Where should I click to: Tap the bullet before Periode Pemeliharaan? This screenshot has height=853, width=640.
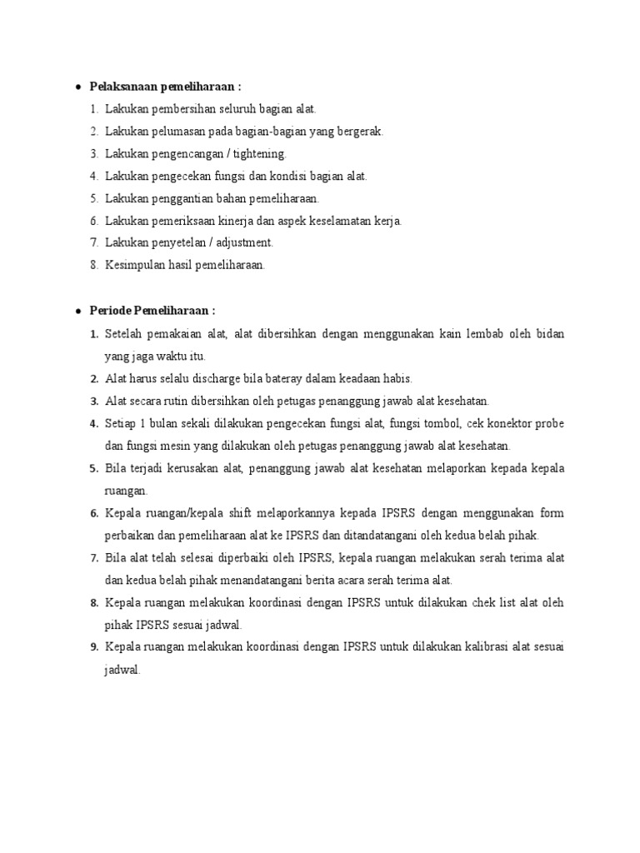[77, 311]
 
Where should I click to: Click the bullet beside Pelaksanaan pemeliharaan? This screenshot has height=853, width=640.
[77, 87]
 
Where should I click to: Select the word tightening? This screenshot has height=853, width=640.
[259, 154]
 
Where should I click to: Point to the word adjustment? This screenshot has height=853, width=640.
[242, 242]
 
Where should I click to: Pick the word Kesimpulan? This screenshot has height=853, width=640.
[134, 265]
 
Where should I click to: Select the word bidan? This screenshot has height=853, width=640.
[548, 334]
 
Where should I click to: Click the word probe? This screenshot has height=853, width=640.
[547, 423]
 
